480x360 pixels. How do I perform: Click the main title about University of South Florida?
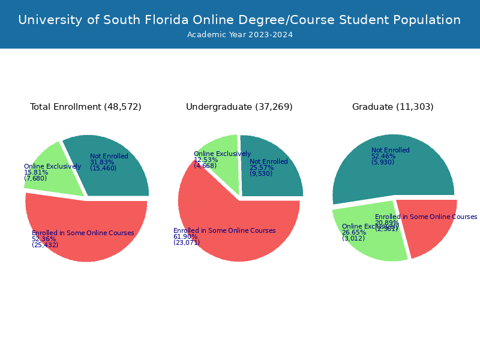[239, 20]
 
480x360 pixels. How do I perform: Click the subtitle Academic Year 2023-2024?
[239, 35]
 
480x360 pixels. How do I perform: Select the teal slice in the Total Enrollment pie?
[120, 174]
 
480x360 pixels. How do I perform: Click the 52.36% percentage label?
[44, 239]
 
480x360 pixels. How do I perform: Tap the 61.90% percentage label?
[185, 237]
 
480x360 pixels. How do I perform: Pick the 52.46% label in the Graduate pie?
[383, 156]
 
